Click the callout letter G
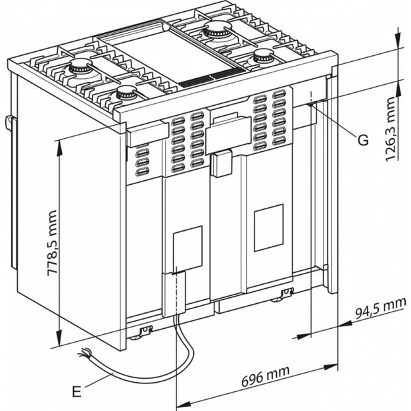pyautogui.click(x=363, y=139)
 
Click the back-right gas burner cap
pyautogui.click(x=214, y=29)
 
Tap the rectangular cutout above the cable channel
pyautogui.click(x=187, y=249)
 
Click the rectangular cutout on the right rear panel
pyautogui.click(x=268, y=227)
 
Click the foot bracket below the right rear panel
pyautogui.click(x=286, y=293)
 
